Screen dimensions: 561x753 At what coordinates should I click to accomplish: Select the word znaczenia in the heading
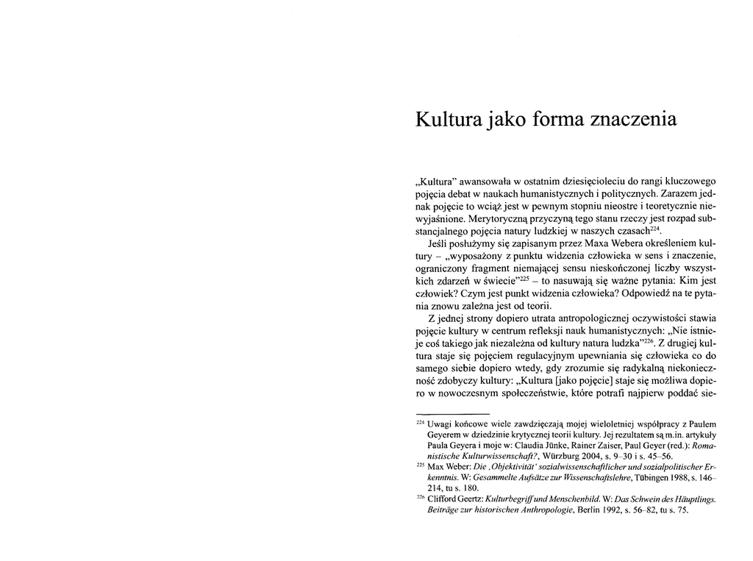637,119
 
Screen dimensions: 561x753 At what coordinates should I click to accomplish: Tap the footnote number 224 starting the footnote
421,423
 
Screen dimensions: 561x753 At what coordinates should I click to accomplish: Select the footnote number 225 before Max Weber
421,466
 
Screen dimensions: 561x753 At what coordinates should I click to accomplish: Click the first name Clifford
443,499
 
